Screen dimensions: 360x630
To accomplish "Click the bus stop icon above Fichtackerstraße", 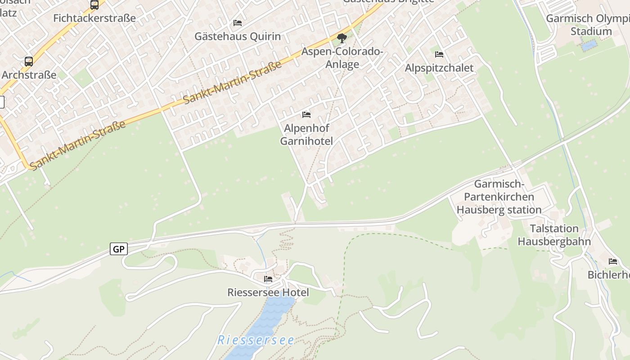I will (x=94, y=5).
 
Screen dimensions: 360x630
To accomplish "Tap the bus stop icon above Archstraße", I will (x=29, y=62).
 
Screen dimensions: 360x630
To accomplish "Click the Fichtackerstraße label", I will (x=94, y=18).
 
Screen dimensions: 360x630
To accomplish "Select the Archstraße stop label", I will (x=29, y=75).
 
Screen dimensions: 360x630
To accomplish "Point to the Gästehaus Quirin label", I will (x=238, y=36).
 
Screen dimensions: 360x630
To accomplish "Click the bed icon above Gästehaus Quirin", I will (x=238, y=23).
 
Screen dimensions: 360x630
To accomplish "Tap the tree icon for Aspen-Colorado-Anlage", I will (x=342, y=38).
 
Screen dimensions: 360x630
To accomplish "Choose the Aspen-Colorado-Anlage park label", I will (x=342, y=58).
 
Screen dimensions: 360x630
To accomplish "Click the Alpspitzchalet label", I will (x=439, y=68).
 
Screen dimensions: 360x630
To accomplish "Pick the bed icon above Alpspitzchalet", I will (x=439, y=54).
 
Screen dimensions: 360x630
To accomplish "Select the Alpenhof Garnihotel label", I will (x=306, y=135).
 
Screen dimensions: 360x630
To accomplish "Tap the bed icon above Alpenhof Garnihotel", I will (x=306, y=115).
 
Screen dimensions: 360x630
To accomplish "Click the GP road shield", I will (x=119, y=249).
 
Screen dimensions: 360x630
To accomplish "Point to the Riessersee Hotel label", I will (x=268, y=292).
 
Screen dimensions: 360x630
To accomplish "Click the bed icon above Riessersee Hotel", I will (x=268, y=279).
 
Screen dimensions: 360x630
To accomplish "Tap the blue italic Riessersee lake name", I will (x=256, y=340).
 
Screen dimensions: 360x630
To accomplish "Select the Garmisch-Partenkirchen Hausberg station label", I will (x=499, y=197).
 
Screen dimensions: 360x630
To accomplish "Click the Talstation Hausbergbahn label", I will (x=554, y=235).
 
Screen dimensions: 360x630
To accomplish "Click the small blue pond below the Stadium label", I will (x=589, y=45).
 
